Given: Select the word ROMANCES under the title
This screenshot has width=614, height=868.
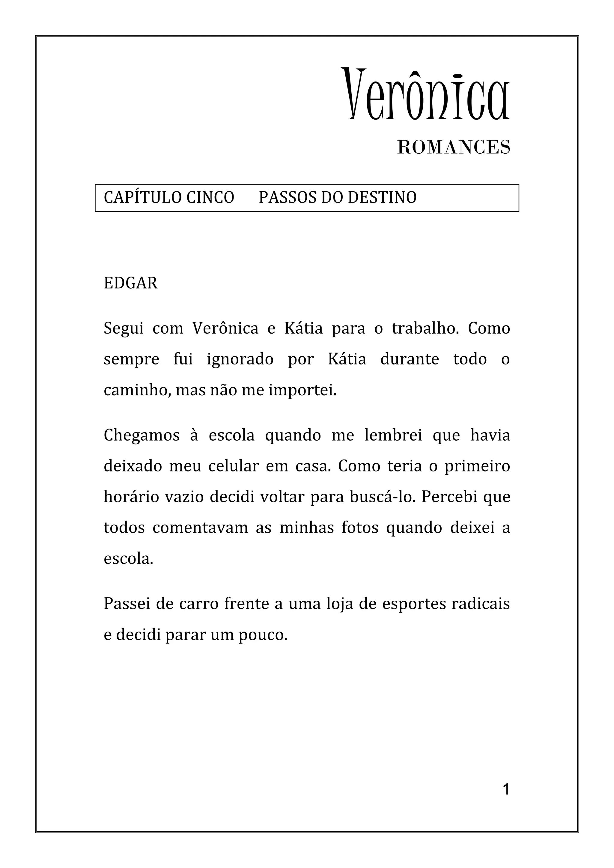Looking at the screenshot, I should point(454,147).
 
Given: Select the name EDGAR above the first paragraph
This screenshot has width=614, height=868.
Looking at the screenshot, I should point(130,283).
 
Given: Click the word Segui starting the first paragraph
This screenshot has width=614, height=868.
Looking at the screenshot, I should point(123,328).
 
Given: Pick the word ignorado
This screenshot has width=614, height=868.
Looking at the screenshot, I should point(240,359).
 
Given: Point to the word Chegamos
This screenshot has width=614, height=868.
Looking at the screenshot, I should point(142,435).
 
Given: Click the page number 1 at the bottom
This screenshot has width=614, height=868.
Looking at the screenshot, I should point(506,790).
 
